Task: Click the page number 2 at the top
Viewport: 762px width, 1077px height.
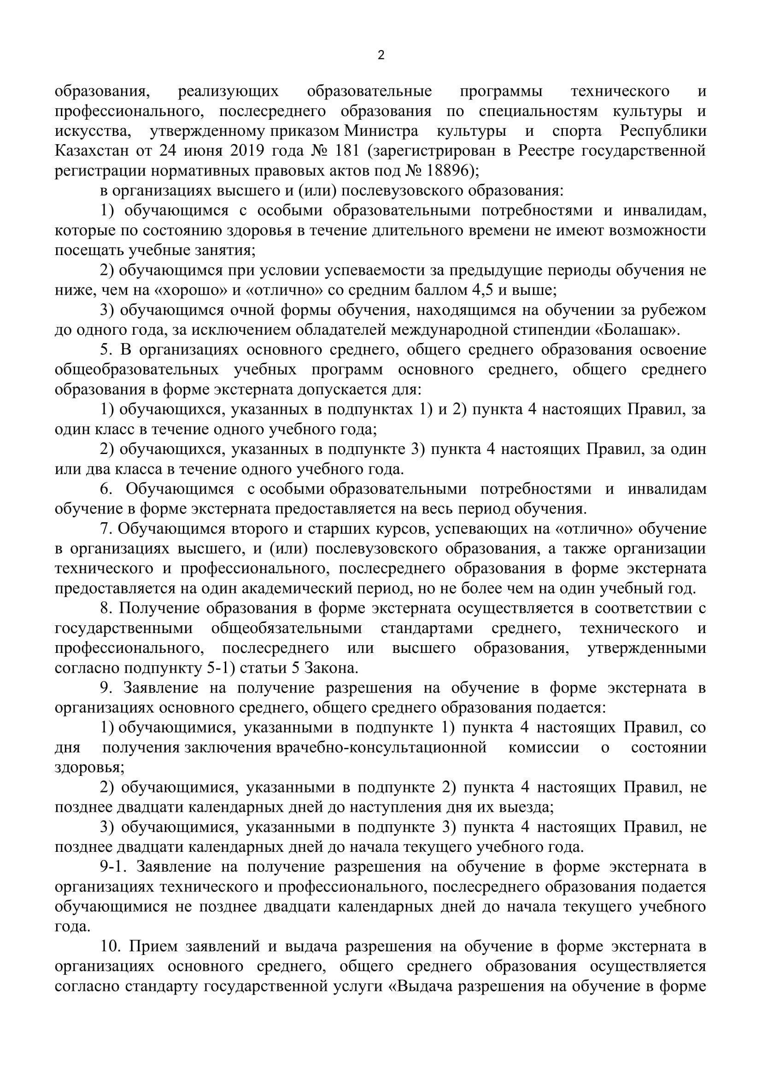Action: click(381, 55)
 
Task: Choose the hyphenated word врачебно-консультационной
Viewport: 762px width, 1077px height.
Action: click(382, 747)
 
